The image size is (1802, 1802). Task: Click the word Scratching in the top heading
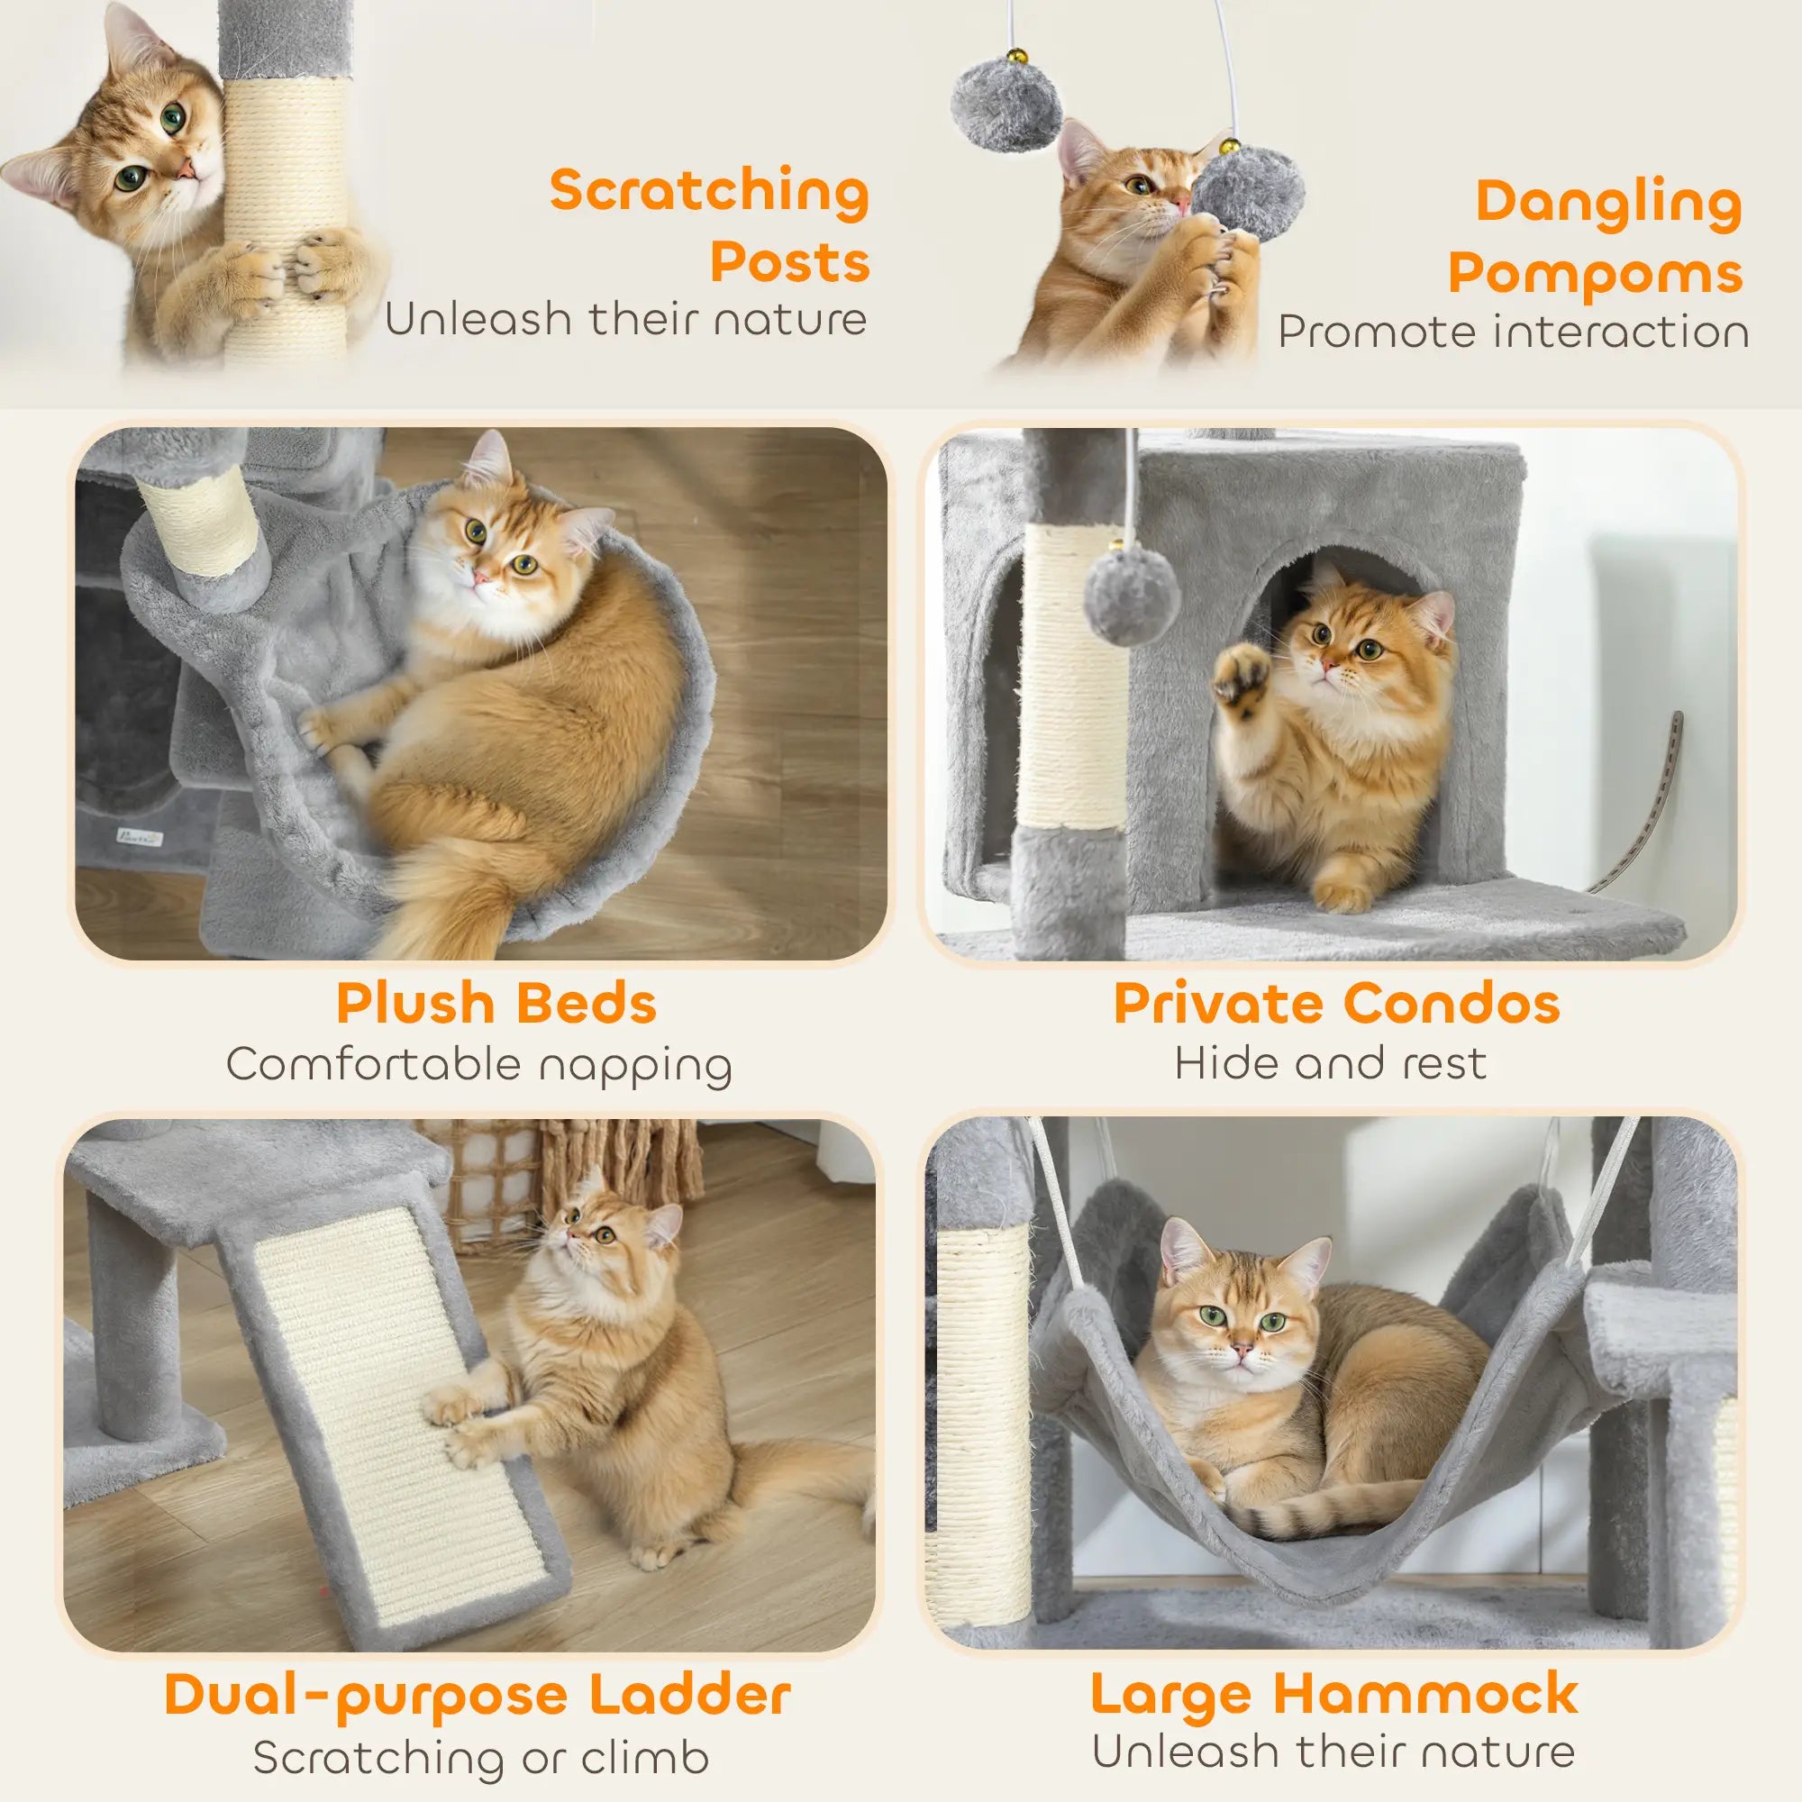(x=709, y=191)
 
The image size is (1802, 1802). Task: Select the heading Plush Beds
(x=496, y=1004)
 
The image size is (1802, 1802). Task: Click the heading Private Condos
(x=1336, y=1004)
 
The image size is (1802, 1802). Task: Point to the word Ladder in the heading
(x=690, y=1695)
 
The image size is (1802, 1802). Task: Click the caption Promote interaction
(x=1513, y=332)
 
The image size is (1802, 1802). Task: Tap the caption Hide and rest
(x=1330, y=1062)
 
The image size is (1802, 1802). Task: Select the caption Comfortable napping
(x=479, y=1064)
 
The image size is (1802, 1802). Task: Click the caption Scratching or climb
(x=481, y=1758)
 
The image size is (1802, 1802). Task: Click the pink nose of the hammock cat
(x=1242, y=1351)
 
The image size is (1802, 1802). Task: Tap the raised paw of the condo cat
(x=1242, y=674)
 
